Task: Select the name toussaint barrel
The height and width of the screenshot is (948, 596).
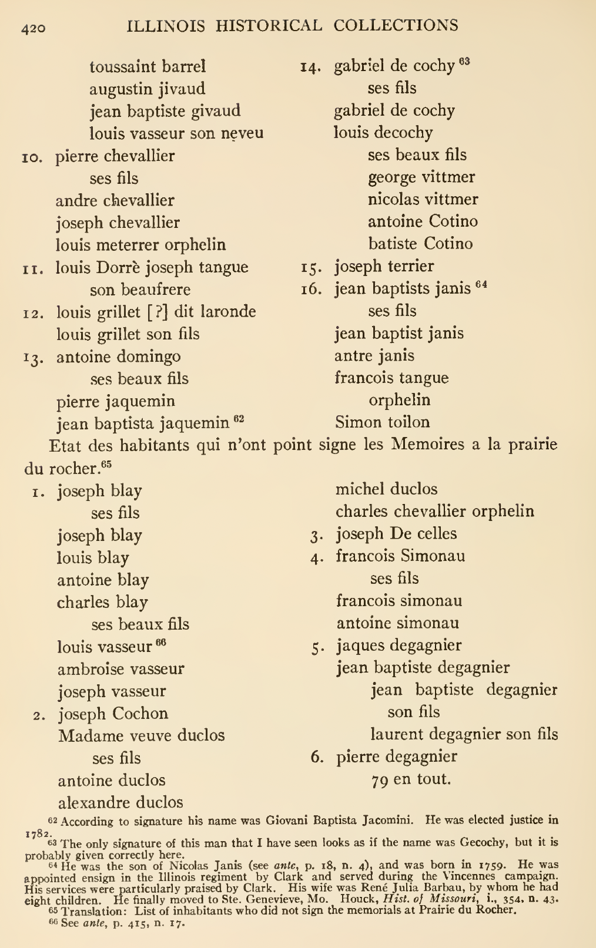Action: tap(148, 66)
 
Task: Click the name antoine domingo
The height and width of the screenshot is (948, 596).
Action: tap(118, 357)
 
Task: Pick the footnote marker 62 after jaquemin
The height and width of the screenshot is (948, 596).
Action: tap(239, 419)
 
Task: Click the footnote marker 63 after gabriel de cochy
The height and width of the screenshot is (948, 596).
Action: tap(464, 62)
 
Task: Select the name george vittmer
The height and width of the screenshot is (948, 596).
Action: tap(421, 177)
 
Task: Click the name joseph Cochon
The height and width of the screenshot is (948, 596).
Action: tap(113, 714)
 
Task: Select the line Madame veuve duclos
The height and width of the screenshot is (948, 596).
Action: tap(141, 735)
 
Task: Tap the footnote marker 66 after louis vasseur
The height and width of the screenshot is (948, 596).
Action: tap(161, 643)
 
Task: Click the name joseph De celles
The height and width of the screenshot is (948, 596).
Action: tap(396, 533)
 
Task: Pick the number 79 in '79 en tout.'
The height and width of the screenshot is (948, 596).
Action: tap(380, 780)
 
